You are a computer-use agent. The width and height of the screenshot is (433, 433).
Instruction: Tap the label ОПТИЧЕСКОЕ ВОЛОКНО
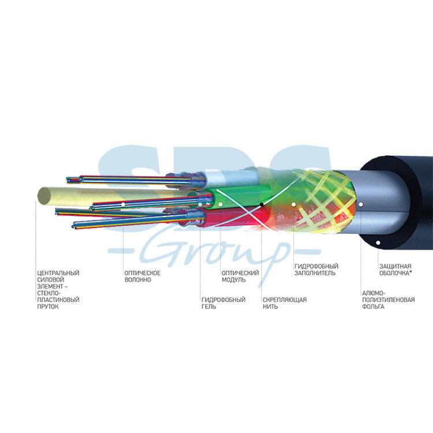click(142, 276)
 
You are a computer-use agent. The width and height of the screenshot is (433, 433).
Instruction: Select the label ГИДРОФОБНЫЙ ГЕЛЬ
click(223, 303)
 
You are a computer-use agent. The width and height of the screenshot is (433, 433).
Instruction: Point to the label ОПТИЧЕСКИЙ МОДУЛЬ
click(240, 276)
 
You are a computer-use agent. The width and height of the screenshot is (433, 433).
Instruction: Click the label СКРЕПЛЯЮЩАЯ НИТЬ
click(285, 303)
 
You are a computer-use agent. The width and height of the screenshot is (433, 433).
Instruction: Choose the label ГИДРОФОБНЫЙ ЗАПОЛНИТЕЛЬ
click(316, 270)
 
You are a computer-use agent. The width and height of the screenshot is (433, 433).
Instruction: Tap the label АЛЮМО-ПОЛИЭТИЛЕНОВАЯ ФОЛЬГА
click(389, 300)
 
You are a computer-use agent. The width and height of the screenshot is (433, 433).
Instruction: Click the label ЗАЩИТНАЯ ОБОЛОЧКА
click(395, 270)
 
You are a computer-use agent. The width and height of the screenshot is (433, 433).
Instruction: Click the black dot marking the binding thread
click(261, 204)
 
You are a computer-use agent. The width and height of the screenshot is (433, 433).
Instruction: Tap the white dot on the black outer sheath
click(378, 242)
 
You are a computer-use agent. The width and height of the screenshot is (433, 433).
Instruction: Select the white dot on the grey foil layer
click(361, 204)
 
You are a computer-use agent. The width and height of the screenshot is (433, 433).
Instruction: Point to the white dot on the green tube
click(221, 204)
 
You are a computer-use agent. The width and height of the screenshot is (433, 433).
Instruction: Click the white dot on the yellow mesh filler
click(293, 204)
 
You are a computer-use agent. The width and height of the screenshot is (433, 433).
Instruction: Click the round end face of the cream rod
click(44, 196)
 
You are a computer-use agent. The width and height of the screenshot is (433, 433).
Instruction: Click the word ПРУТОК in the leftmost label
click(48, 307)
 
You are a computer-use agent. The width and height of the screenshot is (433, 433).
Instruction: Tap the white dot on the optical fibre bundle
click(123, 204)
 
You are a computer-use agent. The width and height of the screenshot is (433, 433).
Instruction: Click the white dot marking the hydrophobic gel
click(200, 204)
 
